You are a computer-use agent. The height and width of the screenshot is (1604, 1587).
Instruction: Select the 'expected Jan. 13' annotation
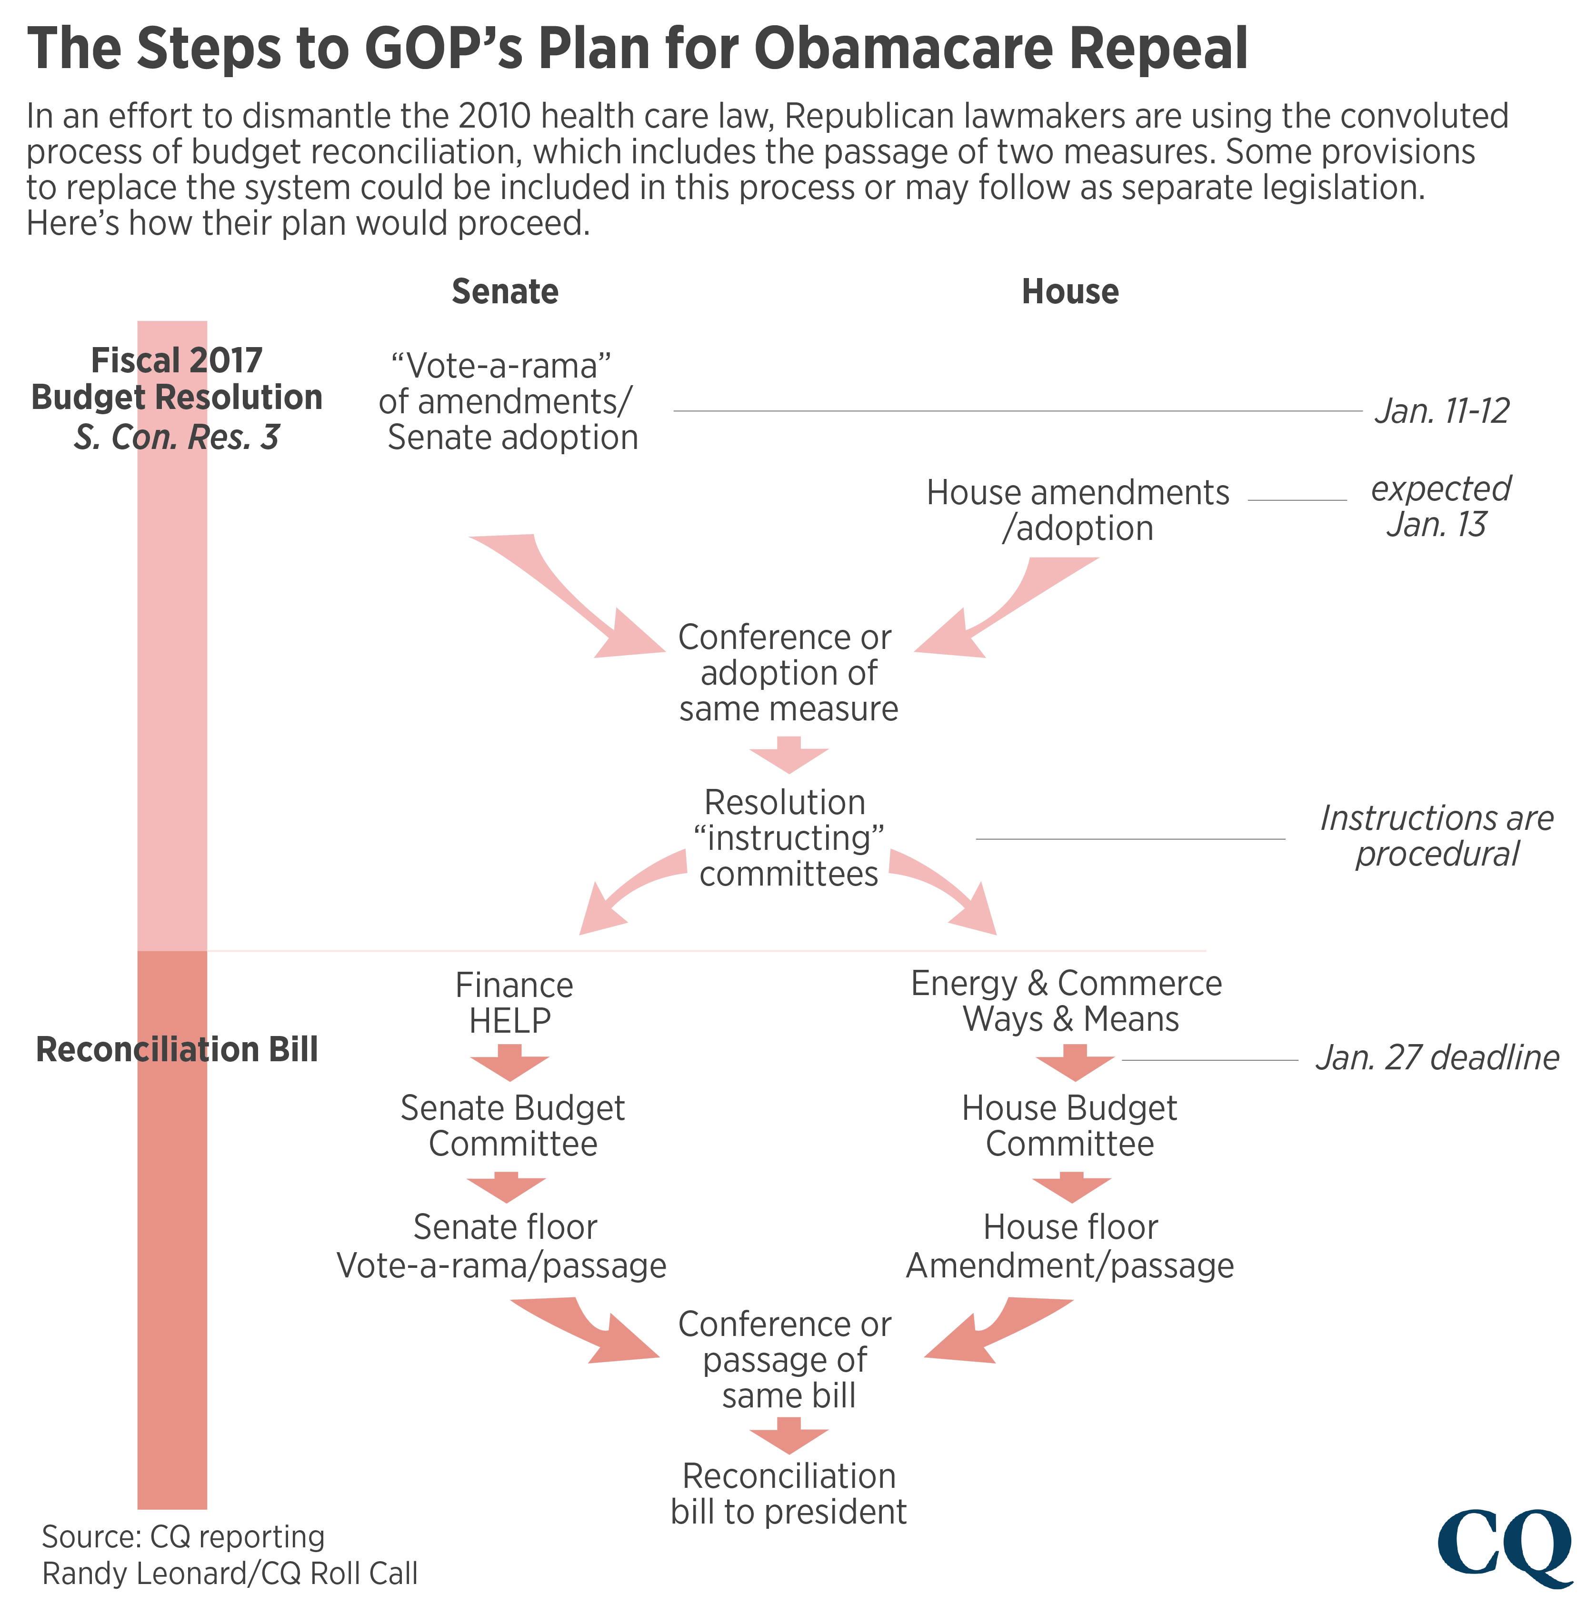(x=1439, y=507)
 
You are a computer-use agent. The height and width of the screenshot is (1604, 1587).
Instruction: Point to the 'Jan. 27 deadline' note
(x=1437, y=1058)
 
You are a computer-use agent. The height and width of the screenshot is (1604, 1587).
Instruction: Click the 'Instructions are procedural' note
(x=1436, y=836)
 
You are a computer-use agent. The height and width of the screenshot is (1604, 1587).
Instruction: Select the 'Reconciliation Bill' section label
(x=177, y=1049)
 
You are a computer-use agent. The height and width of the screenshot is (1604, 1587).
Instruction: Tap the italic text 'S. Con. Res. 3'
(x=176, y=438)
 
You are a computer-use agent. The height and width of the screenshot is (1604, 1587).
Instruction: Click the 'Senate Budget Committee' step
(x=512, y=1126)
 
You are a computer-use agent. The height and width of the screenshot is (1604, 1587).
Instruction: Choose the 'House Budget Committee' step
(x=1069, y=1126)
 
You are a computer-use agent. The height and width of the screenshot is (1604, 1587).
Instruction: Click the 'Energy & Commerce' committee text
(x=1066, y=983)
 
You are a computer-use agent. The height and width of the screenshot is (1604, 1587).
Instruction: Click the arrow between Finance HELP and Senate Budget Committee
(x=509, y=1065)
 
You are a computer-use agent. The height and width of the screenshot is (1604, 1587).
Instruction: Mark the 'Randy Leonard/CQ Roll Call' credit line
(x=230, y=1573)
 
